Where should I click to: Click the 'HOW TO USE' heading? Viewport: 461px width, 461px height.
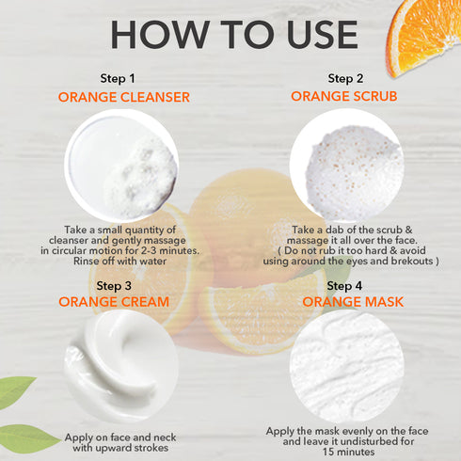coord(233,33)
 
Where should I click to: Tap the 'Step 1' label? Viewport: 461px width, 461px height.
coord(118,78)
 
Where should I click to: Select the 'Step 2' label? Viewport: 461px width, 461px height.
coord(345,78)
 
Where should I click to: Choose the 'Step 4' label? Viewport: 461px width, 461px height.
coord(344,285)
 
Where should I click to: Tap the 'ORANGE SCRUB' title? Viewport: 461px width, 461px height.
coord(345,96)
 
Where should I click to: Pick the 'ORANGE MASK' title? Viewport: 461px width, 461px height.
coord(344,302)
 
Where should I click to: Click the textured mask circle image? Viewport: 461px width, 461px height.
coord(344,372)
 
